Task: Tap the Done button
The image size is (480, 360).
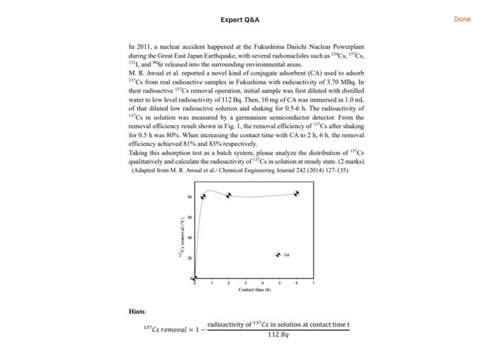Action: (462, 19)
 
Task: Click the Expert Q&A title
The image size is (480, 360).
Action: (240, 20)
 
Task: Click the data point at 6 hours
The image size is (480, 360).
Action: (296, 194)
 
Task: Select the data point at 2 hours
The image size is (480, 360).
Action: (228, 195)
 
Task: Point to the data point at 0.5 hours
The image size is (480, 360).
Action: (203, 196)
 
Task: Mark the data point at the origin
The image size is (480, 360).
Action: (194, 278)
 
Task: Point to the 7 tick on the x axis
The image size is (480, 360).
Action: (313, 283)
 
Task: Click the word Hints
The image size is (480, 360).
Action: (137, 311)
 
